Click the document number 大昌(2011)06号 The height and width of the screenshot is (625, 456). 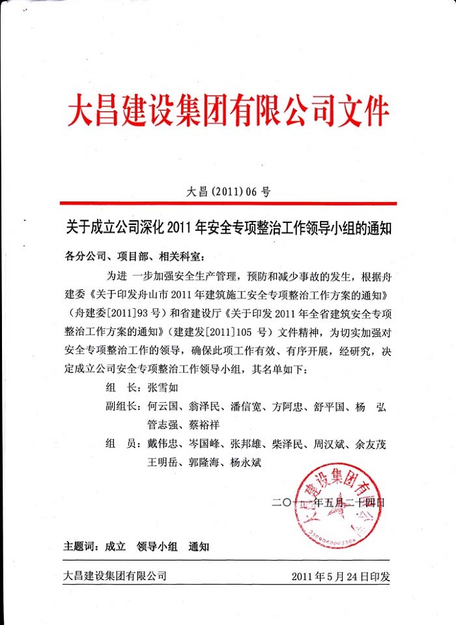tap(228, 191)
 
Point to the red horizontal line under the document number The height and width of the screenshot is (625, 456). tap(228, 203)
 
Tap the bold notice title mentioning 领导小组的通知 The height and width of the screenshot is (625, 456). tap(228, 229)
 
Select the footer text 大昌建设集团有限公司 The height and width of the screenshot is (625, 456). tap(115, 576)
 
